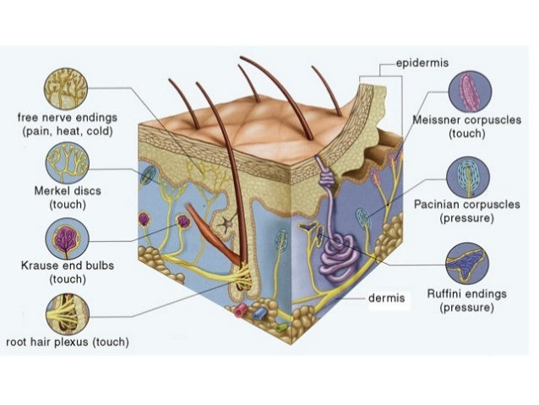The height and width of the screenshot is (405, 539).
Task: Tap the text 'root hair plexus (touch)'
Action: point(68,342)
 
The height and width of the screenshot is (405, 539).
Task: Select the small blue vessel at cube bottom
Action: point(260,312)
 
